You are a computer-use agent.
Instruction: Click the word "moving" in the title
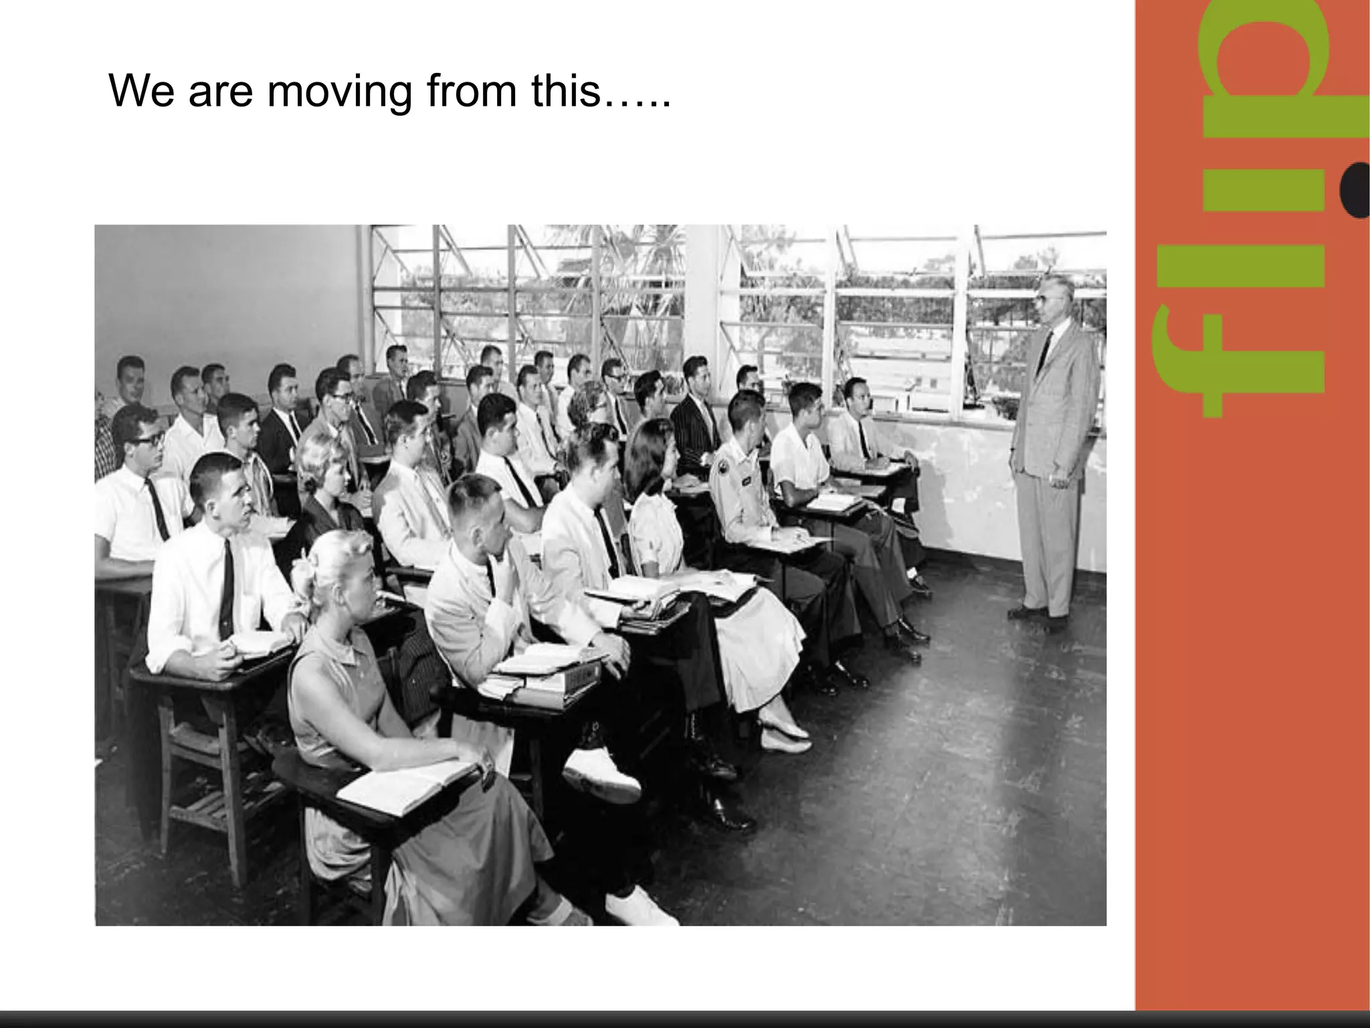click(339, 92)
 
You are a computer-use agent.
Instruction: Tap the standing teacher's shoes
click(1037, 616)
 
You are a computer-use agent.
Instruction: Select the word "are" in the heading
click(220, 92)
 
